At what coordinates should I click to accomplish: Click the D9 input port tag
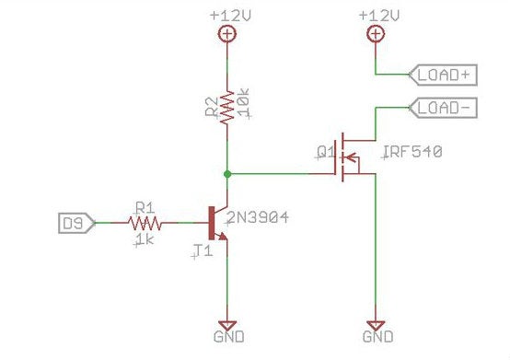click(x=75, y=222)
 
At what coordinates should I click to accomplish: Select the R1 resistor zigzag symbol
click(x=145, y=222)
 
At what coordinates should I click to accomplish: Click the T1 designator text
click(x=203, y=250)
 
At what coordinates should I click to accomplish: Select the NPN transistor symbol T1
click(x=218, y=222)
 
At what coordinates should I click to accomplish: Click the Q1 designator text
click(x=325, y=151)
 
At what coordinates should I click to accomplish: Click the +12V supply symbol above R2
click(x=226, y=35)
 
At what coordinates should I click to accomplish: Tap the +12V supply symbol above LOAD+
click(x=375, y=35)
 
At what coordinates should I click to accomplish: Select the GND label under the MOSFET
click(x=376, y=337)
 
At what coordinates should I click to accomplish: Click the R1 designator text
click(x=144, y=207)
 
